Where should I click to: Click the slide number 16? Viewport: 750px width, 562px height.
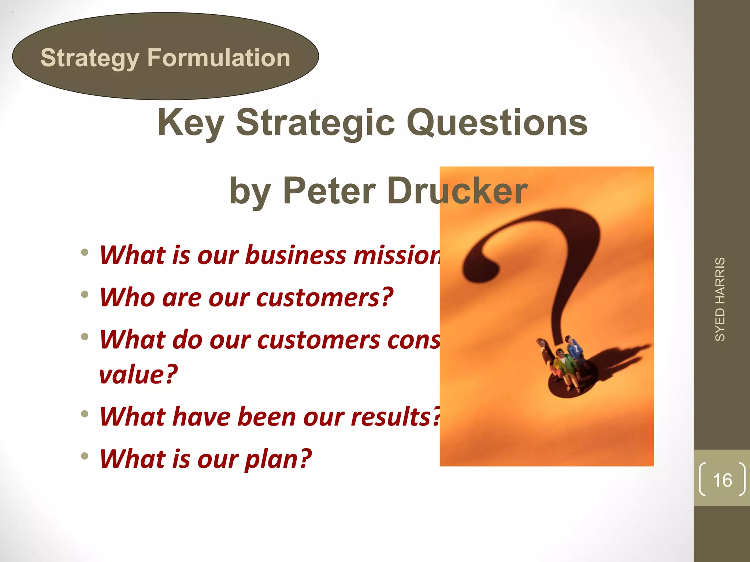722,480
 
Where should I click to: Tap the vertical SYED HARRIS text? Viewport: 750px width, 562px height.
720,299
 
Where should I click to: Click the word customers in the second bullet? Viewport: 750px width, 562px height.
318,297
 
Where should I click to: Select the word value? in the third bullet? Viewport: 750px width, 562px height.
138,374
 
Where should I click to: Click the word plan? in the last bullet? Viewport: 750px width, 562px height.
278,459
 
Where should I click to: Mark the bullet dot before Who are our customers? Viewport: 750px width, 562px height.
85,295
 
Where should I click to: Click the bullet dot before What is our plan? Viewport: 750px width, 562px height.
85,456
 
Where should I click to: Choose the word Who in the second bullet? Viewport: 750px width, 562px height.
127,297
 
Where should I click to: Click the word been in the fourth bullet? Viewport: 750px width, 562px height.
266,417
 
